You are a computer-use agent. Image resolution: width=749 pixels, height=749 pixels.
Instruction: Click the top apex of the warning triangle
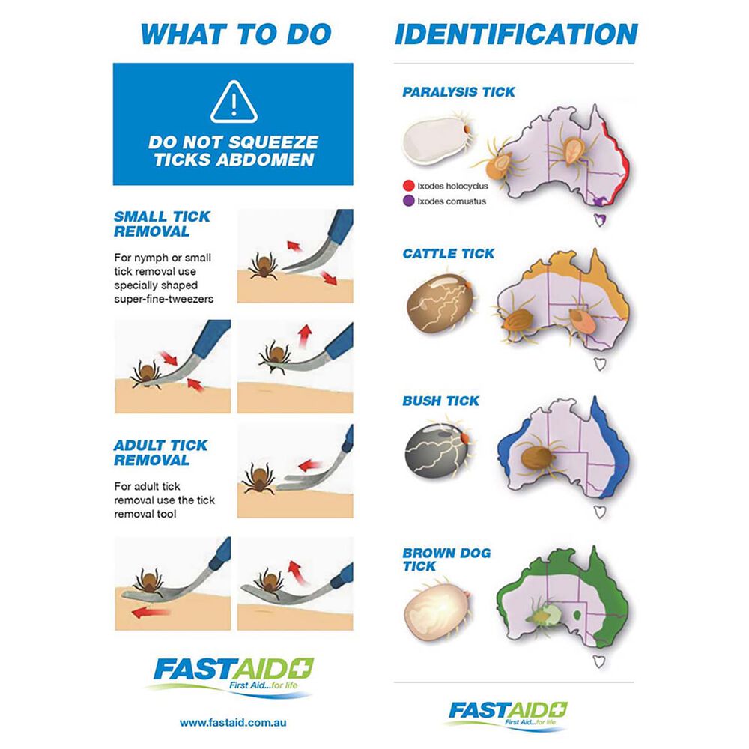click(234, 82)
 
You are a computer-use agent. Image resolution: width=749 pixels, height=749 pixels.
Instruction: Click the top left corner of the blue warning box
click(113, 63)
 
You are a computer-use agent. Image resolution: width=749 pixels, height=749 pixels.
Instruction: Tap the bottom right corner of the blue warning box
click(354, 185)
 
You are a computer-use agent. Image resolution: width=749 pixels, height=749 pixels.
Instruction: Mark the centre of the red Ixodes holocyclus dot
click(408, 186)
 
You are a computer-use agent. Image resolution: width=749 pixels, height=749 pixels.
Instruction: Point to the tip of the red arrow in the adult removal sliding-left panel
click(132, 613)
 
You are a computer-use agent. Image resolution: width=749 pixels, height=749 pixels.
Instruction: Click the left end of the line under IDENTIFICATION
click(394, 63)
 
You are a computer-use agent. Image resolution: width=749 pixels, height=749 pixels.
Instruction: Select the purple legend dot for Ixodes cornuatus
click(408, 201)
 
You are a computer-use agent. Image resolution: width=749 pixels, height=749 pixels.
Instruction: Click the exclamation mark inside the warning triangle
click(234, 104)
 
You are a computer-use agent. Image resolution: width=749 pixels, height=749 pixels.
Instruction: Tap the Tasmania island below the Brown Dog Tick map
click(599, 661)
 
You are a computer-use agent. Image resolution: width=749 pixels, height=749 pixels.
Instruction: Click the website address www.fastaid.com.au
click(233, 722)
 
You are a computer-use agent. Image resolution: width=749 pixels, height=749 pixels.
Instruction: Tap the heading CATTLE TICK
click(449, 254)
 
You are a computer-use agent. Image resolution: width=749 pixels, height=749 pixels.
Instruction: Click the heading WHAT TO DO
click(236, 34)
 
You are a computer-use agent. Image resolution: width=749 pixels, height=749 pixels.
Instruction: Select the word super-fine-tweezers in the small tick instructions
click(164, 299)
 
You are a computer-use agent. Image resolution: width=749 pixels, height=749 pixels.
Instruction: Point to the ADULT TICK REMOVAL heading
click(160, 453)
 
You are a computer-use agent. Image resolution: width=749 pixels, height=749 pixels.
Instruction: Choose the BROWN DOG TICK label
click(446, 560)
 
